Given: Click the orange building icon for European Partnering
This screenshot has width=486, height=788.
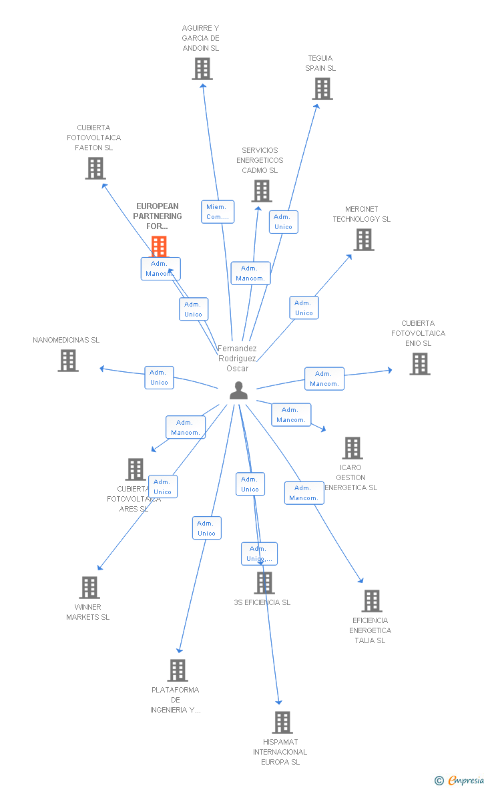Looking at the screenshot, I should pos(159,246).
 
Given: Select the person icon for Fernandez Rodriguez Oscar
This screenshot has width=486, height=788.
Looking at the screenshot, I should pos(238,390).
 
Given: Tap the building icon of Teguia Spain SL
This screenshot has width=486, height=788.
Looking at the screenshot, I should pos(322,89).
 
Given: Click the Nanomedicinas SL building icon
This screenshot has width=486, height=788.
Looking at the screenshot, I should pos(68,361).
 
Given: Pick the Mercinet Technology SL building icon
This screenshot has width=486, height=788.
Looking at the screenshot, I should pos(364,240).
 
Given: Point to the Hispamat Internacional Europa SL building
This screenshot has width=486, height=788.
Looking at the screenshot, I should pos(282,723).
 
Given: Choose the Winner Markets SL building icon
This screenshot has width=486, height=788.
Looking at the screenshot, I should pos(89,588).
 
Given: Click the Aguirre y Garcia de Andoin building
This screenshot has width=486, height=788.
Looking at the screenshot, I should pos(202,69).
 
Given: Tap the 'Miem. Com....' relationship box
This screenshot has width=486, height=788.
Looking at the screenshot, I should pos(218,212).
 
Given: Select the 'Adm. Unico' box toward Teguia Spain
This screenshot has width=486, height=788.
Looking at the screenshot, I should pos(283,222).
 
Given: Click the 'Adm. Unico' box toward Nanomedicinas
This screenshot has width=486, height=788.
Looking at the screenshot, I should pos(159,377).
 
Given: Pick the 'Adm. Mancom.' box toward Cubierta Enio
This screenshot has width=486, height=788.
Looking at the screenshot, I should pos(324,379).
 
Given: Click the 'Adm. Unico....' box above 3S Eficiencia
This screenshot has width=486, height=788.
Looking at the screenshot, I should pos(259,554).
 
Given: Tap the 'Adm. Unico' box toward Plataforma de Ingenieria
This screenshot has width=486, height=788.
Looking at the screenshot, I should pos(206,528).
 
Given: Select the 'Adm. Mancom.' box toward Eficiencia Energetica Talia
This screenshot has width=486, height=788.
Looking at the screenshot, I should pos(304,493).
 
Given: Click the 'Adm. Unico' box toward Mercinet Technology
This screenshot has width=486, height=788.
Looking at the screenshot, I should pos(304,308).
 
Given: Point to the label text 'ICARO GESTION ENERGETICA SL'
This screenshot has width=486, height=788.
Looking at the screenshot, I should pos(350,477).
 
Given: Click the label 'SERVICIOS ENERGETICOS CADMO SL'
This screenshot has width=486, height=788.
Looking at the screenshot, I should pos(260,160).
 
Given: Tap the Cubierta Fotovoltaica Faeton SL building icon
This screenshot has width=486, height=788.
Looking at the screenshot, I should pos(95,168).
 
